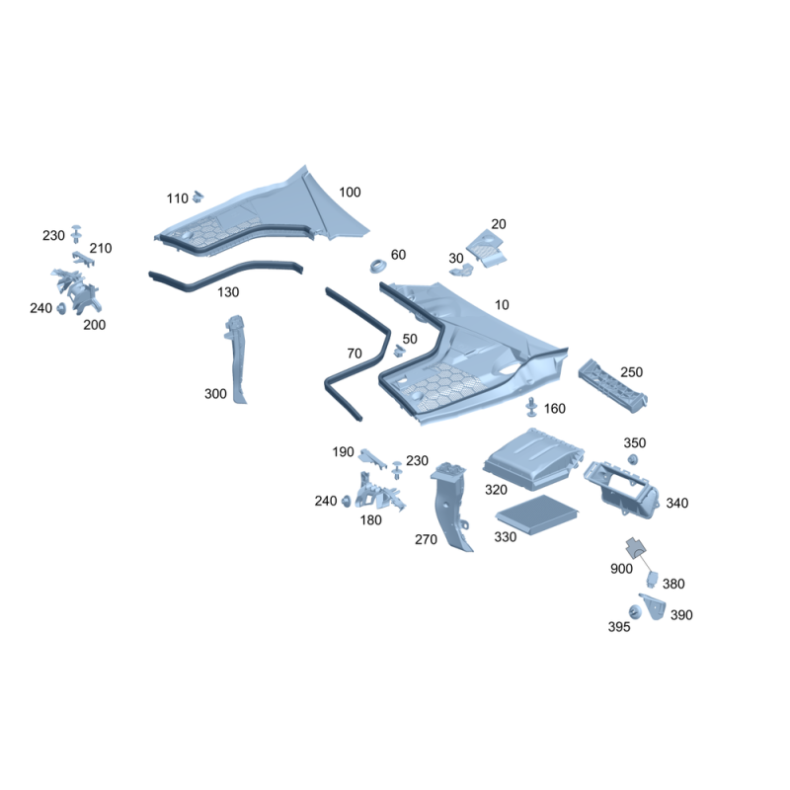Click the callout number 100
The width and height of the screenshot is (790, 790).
pos(350,192)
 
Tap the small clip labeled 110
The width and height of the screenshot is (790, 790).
pos(198,196)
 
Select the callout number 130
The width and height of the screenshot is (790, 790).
pos(228,291)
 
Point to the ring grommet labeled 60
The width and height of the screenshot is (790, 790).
pos(378,266)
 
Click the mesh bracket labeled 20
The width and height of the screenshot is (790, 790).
pos(487,248)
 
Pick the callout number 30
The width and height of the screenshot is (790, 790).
pos(456,258)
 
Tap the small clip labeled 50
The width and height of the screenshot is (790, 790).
pos(400,351)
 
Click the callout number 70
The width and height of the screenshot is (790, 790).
pos(355,354)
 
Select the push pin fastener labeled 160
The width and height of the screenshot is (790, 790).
pos(531,407)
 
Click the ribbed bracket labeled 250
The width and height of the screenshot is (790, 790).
pos(612,386)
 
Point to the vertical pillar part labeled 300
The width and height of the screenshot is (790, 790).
pos(236,358)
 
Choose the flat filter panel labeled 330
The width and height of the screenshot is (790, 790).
pos(536,513)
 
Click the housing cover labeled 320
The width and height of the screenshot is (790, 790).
pos(533,458)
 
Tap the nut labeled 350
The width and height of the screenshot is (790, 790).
pos(632,459)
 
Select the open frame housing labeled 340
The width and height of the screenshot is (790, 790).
pos(622,490)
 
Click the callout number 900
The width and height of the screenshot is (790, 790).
pos(621,569)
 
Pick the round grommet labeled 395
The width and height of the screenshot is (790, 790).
pos(635,612)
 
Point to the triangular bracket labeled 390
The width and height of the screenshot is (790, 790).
pos(654,606)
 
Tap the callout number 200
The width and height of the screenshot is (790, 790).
pos(94,325)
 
